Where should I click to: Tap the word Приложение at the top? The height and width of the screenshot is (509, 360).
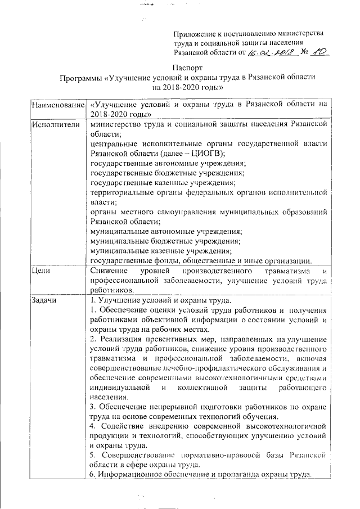coord(194,34)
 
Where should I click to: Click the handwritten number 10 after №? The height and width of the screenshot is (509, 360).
coord(319,53)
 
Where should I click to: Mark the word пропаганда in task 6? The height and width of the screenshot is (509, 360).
coord(220,475)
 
